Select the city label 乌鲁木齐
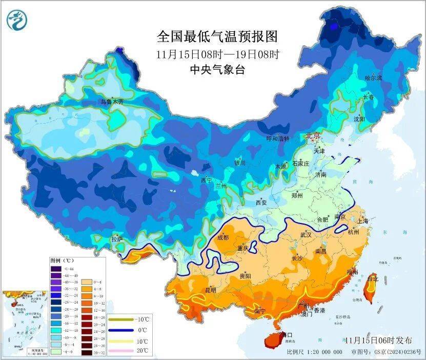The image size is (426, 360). (112, 102)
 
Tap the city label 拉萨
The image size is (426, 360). (117, 239)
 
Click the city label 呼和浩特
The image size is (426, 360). (277, 138)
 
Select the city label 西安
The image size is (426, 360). (261, 203)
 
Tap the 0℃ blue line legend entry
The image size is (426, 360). (128, 330)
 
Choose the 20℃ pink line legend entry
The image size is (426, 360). (128, 351)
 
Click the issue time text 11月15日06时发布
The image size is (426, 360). (378, 340)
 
